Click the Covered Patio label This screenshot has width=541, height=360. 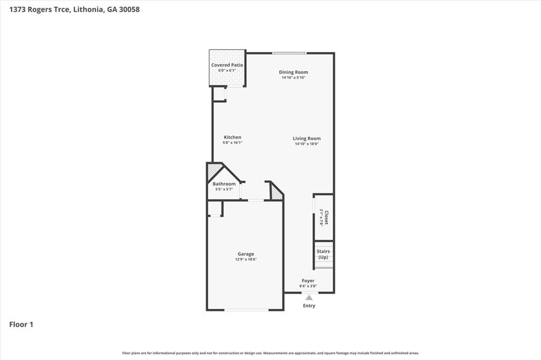coord(227,65)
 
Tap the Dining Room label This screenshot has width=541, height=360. coord(293,72)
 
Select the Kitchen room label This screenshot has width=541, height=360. coord(232,137)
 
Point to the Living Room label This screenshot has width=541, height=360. coord(306,139)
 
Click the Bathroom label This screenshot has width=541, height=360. coord(224,184)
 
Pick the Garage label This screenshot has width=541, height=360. coord(245,254)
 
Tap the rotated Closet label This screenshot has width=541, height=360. coord(327,217)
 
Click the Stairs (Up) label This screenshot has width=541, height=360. coord(323,254)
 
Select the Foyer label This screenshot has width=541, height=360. coord(308,281)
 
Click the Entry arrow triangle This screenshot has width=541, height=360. coord(309,298)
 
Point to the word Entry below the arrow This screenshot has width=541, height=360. coord(309,306)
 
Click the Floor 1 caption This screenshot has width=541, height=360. coord(21,325)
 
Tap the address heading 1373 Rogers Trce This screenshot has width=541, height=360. coord(74,9)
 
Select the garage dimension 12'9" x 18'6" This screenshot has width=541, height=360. coord(245,260)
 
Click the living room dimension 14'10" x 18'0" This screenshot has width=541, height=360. coord(306,144)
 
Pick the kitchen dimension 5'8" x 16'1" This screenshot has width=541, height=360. coord(232,143)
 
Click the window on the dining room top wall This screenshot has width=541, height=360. coord(290,53)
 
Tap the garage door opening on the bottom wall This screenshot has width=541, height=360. coord(246,310)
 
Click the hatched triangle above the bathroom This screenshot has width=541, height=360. coord(213,171)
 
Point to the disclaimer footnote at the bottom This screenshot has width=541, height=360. coord(270,353)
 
